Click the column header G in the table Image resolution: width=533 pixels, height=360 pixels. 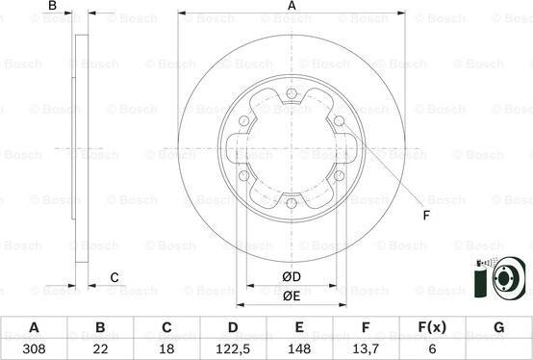coord(498,327)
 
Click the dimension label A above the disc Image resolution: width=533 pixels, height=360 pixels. coord(292,7)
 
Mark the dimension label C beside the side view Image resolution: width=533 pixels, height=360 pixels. coord(114,278)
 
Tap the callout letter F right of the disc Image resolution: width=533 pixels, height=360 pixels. coord(424,214)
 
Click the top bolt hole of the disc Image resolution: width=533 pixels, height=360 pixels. coord(292,93)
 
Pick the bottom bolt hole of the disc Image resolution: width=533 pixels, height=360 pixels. coord(292,202)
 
